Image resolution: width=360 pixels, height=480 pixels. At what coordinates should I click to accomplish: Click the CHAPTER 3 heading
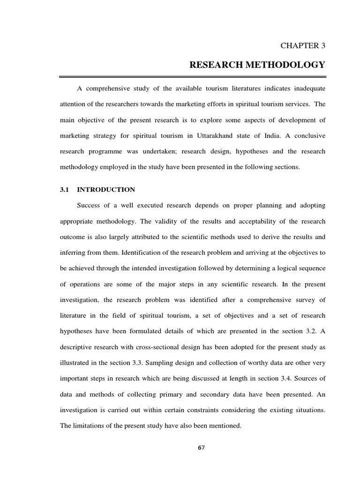[x=303, y=45]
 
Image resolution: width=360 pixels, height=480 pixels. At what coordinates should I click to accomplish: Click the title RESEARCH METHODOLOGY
[x=257, y=65]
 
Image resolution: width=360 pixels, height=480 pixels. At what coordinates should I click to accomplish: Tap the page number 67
[x=202, y=448]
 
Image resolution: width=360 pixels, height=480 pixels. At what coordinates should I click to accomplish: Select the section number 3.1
[x=64, y=190]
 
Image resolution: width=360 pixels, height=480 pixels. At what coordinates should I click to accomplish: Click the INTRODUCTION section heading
[x=106, y=190]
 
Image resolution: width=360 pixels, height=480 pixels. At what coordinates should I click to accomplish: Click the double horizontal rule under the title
[x=193, y=76]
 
